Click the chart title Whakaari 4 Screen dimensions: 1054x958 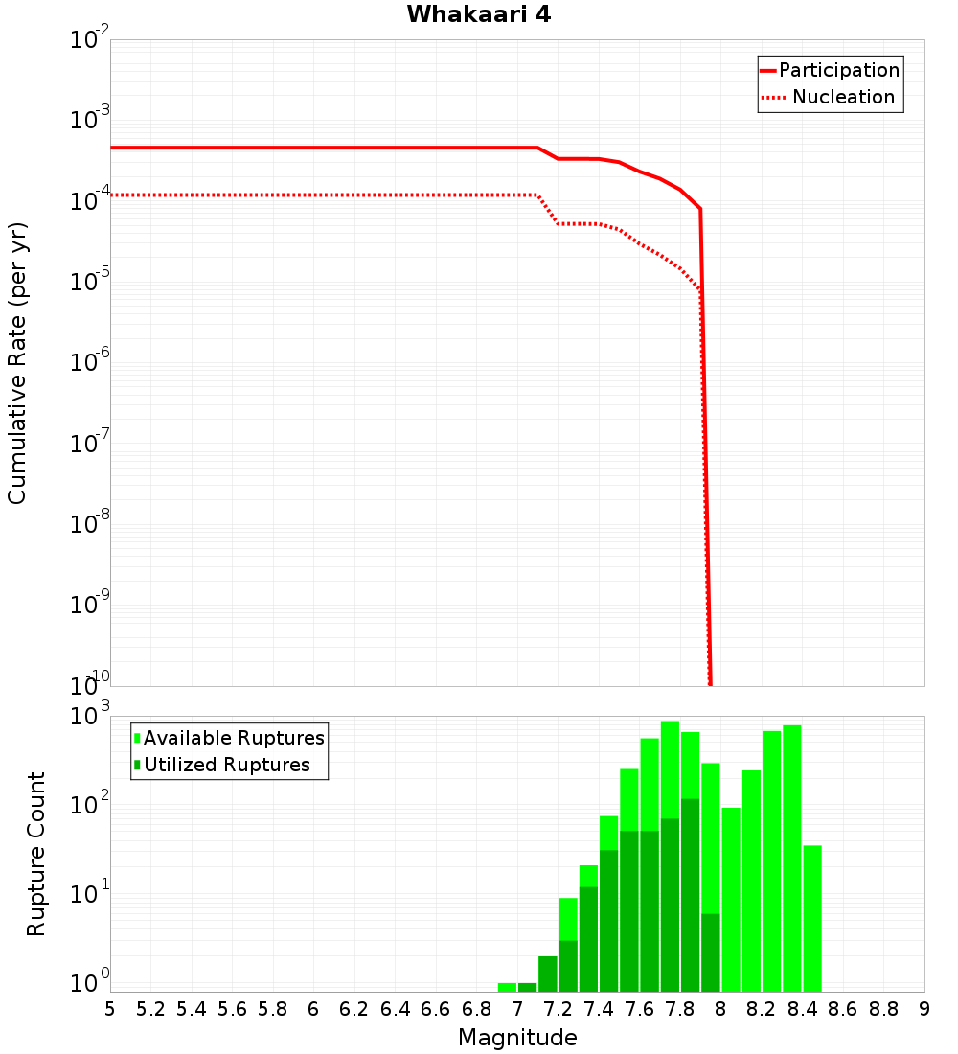[478, 15]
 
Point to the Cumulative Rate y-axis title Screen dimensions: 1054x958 [17, 363]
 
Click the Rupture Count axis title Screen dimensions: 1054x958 [36, 854]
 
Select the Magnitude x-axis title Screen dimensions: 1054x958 [517, 1038]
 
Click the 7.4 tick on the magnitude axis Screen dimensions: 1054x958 [599, 1009]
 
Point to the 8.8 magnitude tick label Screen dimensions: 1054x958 [883, 1009]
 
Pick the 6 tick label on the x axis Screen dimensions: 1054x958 [313, 1009]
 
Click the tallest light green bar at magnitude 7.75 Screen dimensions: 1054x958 [670, 767]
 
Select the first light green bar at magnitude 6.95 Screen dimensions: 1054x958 [507, 987]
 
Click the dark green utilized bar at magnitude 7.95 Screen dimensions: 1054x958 [710, 952]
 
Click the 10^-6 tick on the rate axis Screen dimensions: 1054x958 [90, 362]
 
